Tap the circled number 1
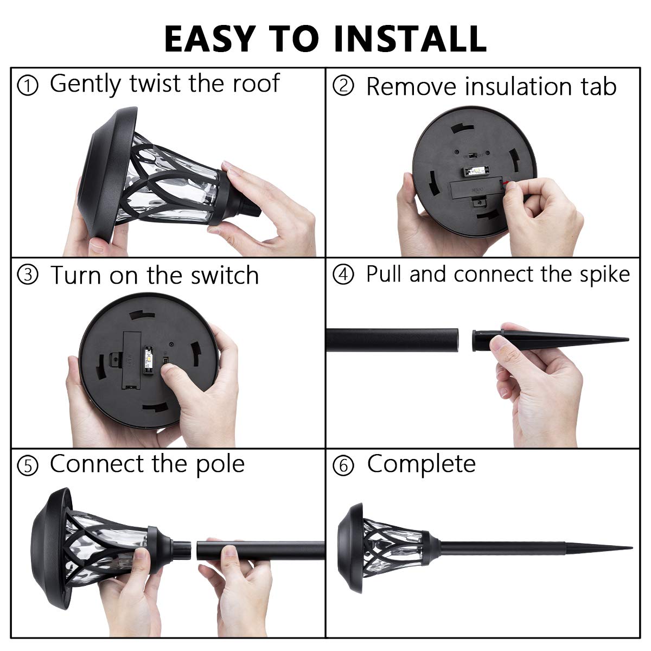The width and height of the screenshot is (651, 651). tap(28, 86)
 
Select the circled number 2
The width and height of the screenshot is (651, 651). tap(343, 86)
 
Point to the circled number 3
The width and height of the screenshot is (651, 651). tap(28, 276)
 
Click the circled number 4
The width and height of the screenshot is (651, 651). tap(343, 275)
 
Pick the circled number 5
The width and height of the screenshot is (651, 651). tap(28, 465)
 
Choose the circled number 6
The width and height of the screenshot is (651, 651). tap(343, 465)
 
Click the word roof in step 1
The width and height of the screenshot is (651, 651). tap(256, 84)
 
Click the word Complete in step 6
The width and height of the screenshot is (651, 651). tap(421, 464)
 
